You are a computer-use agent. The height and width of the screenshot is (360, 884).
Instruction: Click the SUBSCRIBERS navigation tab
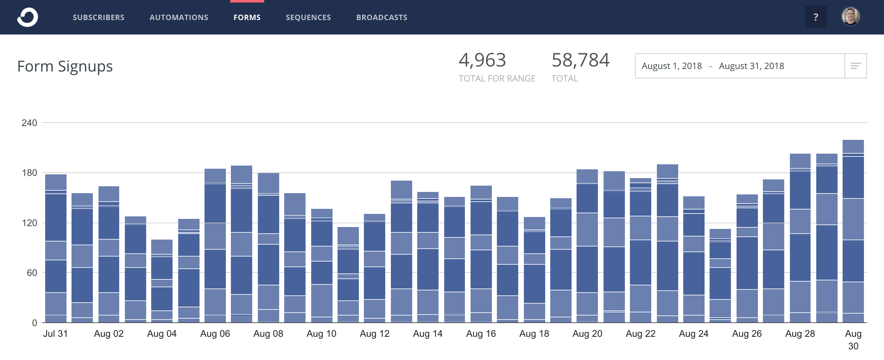[x=99, y=18]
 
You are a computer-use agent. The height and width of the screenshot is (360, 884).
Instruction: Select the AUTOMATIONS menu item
[x=179, y=18]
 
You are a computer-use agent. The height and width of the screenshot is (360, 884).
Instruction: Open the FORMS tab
[x=247, y=18]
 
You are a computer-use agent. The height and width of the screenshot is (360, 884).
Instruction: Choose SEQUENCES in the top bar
[x=308, y=18]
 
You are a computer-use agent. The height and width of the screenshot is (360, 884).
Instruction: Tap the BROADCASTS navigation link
[x=381, y=18]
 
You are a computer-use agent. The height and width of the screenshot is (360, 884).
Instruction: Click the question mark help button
[x=815, y=17]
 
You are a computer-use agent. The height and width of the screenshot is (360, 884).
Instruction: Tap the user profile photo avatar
[x=850, y=17]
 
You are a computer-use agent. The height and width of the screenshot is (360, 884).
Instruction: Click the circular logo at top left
[x=28, y=17]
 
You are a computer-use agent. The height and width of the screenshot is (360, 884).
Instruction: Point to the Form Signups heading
[x=65, y=66]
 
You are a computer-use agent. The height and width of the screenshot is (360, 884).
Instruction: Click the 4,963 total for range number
[x=482, y=60]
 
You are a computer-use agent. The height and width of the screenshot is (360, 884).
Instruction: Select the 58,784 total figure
[x=580, y=60]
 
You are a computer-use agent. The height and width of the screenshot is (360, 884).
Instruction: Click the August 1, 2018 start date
[x=672, y=66]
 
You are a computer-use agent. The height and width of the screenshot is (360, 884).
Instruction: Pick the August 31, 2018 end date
[x=751, y=66]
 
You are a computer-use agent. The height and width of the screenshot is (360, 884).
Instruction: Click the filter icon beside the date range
[x=855, y=66]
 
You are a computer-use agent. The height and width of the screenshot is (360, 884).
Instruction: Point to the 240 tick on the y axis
[x=29, y=123]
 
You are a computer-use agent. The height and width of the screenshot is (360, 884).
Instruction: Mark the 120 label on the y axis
[x=29, y=223]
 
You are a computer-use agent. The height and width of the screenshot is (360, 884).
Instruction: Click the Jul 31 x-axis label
[x=55, y=334]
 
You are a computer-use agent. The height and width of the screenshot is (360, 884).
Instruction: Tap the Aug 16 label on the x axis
[x=481, y=334]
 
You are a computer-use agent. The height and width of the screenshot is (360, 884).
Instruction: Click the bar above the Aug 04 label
[x=162, y=281]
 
